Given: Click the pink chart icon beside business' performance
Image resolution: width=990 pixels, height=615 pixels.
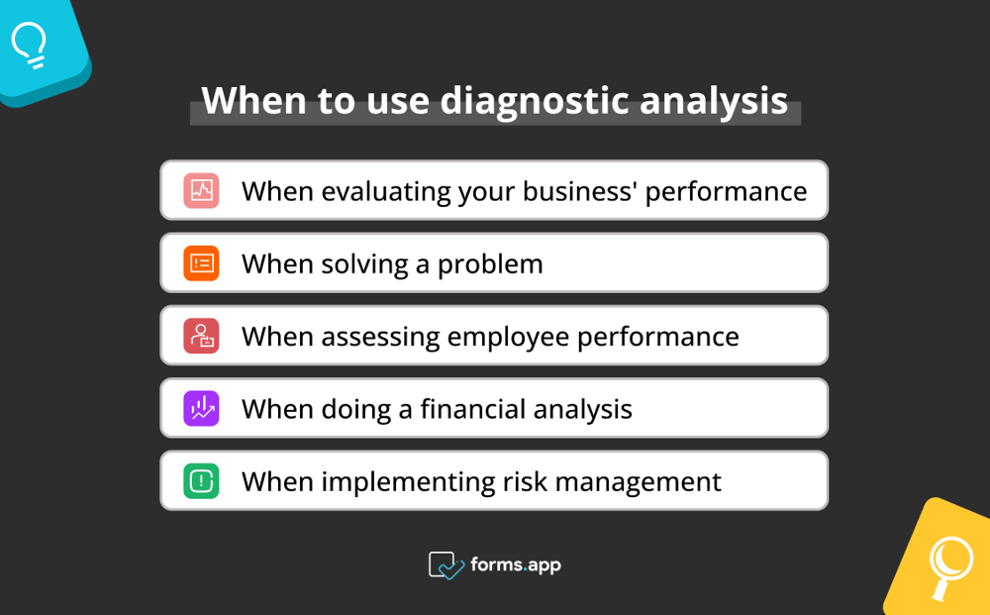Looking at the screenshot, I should tap(201, 190).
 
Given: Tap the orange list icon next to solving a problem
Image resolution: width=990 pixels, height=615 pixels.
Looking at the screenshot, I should tap(201, 263).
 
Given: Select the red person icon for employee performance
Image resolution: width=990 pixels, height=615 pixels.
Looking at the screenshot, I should tap(201, 336).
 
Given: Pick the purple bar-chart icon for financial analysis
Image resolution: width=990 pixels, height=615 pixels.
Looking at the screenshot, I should tap(201, 408).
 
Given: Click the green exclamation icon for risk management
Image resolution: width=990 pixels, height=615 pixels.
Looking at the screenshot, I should tap(201, 481).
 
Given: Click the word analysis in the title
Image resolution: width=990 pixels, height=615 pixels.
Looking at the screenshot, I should tap(714, 101).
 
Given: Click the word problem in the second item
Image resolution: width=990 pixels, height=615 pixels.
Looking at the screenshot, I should tap(490, 264).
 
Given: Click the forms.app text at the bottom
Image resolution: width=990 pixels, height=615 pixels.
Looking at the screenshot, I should tap(516, 564).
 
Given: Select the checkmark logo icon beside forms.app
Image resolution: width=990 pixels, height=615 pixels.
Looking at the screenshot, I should tap(445, 564).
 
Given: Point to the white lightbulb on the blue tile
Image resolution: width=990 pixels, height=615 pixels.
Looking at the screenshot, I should tap(30, 45).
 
